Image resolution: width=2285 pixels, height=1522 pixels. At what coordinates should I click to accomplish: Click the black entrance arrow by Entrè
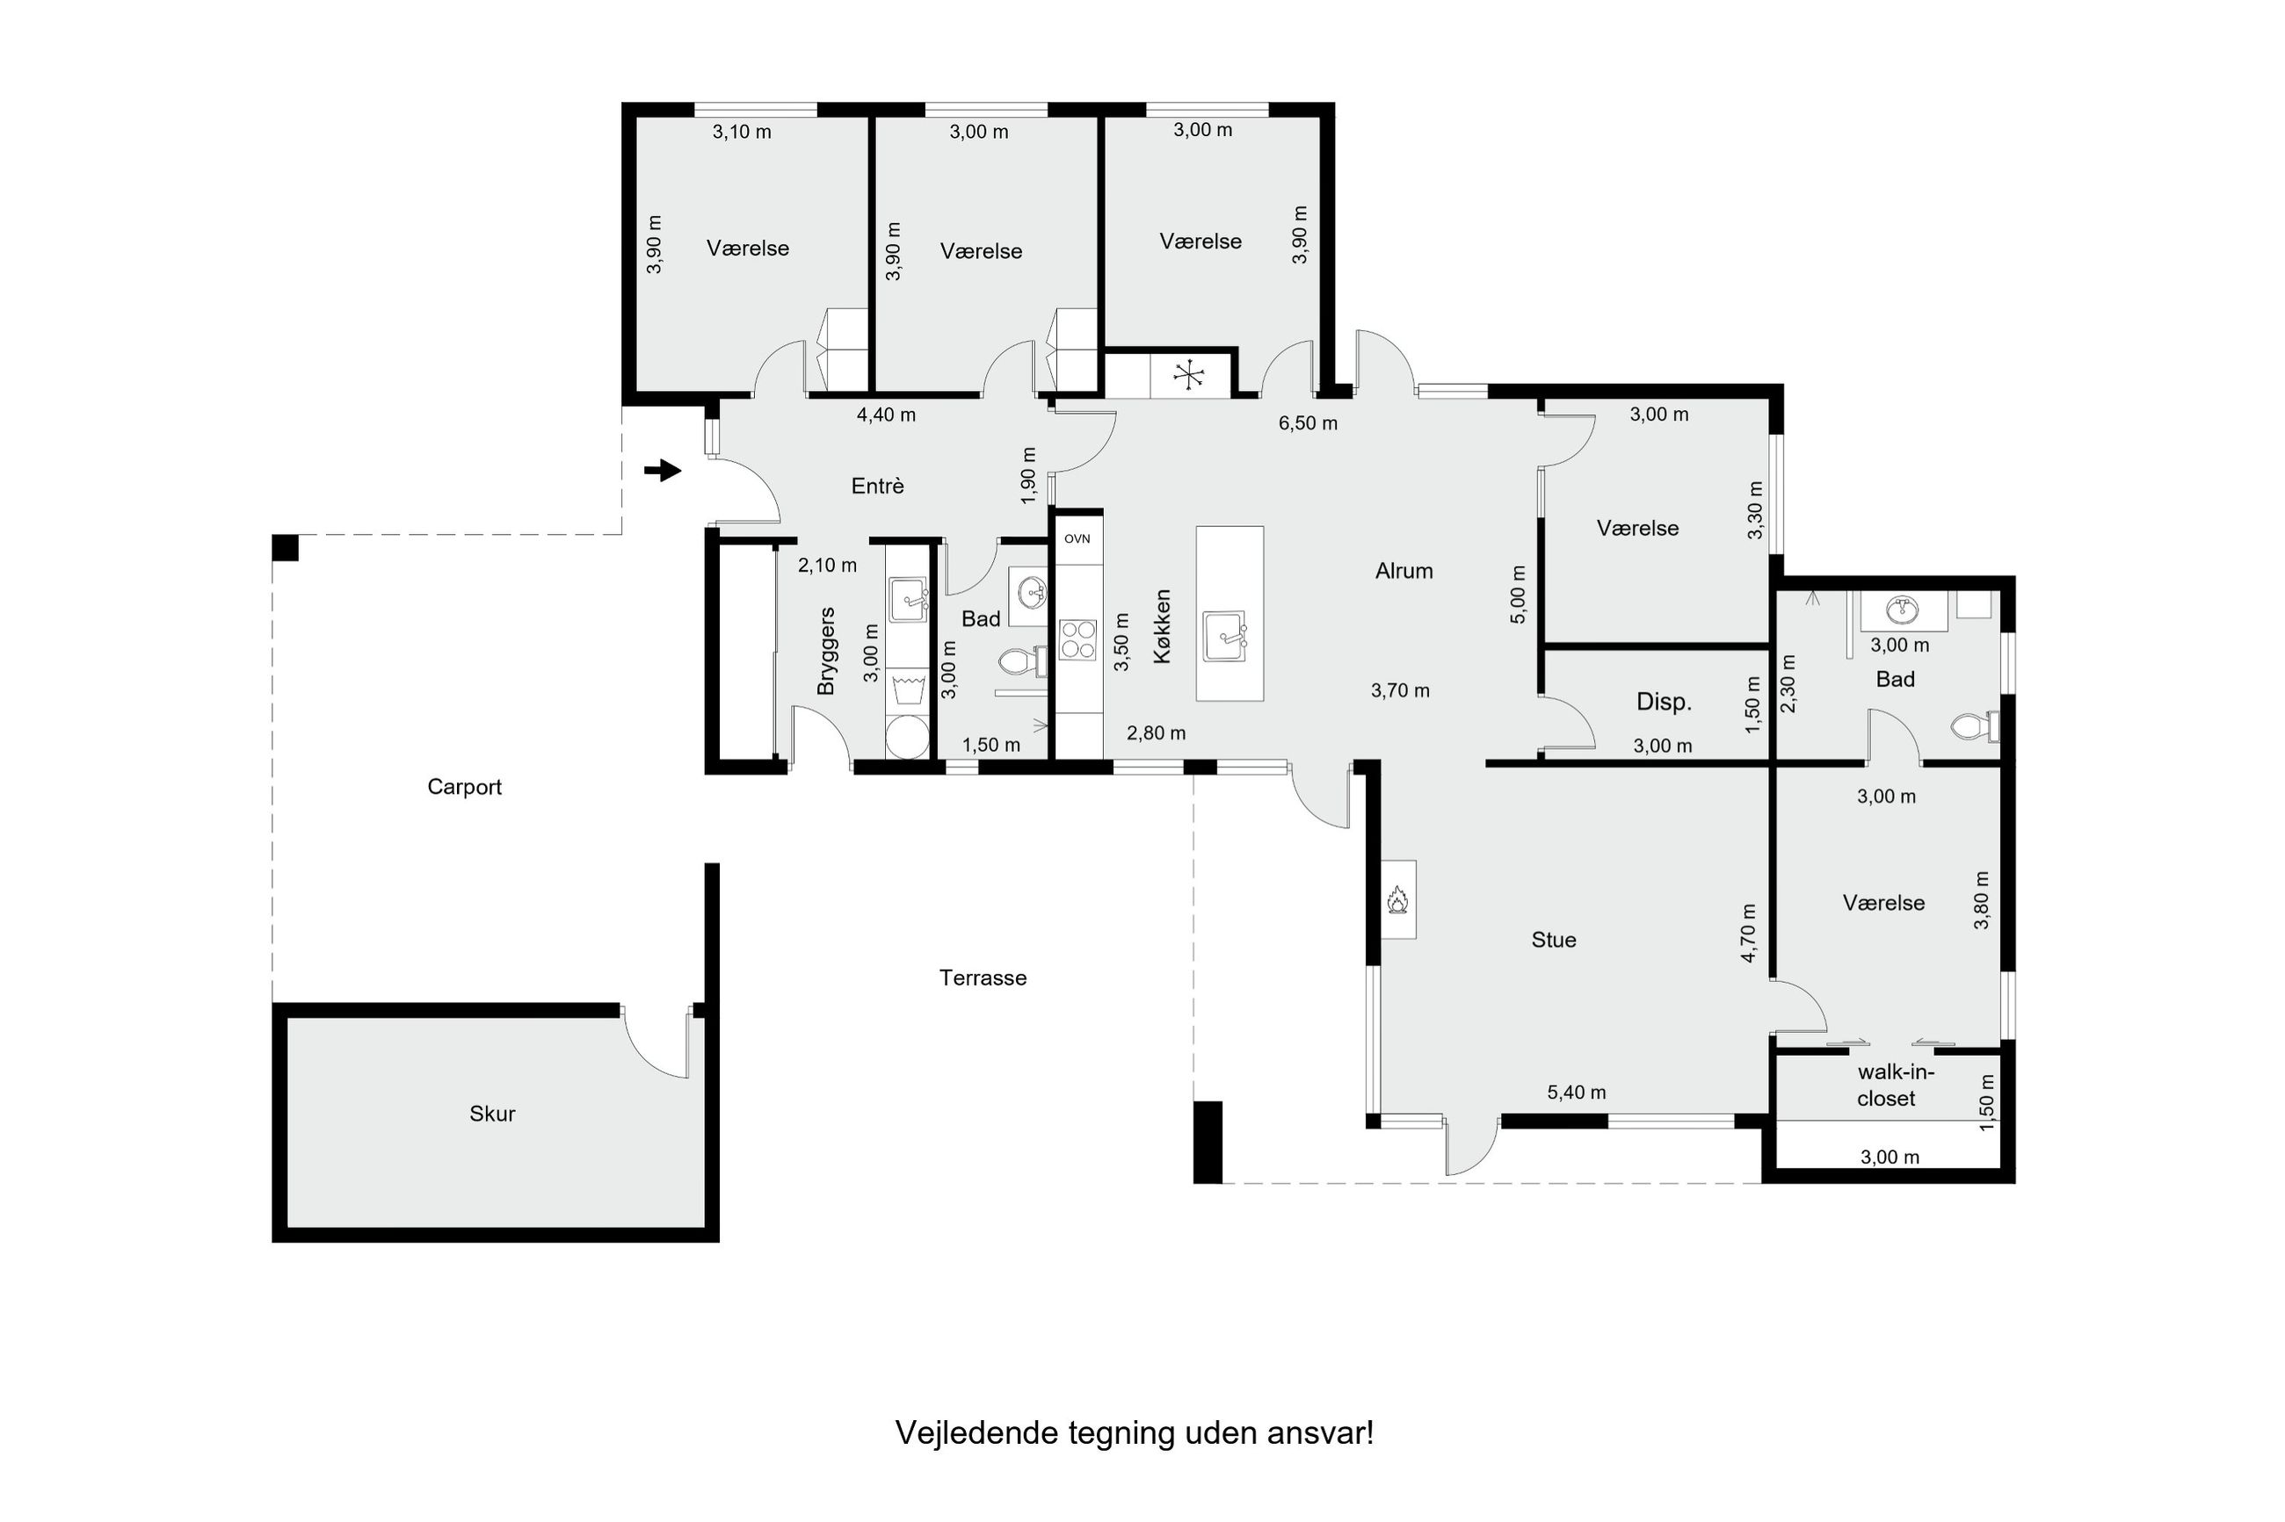coord(663,471)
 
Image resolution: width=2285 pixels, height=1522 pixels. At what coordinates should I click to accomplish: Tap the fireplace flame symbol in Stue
coord(1397,900)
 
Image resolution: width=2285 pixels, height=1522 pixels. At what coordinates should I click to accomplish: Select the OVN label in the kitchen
coord(1077,538)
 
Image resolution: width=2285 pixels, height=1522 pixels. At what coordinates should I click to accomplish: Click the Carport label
coord(464,787)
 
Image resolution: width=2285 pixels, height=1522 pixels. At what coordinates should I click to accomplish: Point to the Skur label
coord(492,1114)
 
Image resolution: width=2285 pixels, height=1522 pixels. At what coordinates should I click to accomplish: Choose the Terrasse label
coord(983,977)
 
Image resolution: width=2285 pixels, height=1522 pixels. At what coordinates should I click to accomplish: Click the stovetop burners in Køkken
coord(1077,639)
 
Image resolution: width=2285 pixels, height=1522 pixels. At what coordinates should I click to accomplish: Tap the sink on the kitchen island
coord(1224,636)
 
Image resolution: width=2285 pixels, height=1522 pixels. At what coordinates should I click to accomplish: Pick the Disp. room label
coord(1664,702)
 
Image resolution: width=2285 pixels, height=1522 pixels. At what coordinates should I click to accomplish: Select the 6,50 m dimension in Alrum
coord(1308,423)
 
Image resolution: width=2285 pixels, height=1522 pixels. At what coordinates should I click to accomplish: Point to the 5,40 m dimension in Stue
coord(1576,1092)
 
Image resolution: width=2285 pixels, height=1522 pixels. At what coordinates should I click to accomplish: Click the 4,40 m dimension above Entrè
coord(886,415)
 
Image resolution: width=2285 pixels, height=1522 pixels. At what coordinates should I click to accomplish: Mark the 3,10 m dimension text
coord(742,132)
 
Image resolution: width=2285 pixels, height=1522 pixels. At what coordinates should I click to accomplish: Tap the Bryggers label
coord(826,652)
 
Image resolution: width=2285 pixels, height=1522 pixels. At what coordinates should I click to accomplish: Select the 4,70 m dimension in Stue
coord(1749,933)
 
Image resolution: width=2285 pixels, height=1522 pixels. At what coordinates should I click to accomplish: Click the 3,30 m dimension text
coord(1755,510)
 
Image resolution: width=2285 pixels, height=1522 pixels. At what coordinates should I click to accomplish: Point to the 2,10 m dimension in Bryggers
coord(827,565)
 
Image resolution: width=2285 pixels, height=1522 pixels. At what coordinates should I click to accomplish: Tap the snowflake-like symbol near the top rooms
coord(1188,374)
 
